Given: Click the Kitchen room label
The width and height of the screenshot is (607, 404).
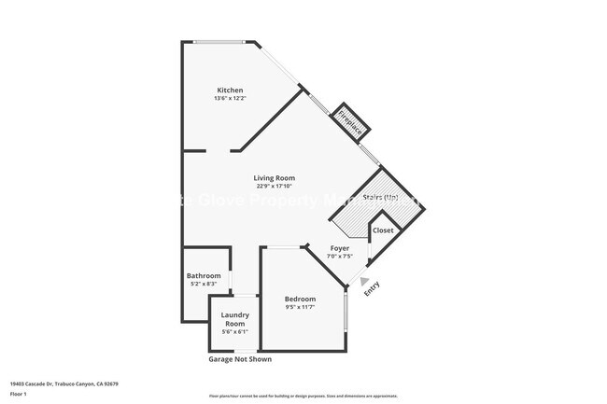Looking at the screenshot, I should [230, 91].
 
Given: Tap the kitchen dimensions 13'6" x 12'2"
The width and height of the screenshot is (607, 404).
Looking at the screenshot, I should [230, 98].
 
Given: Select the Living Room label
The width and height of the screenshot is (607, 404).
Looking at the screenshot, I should [275, 177].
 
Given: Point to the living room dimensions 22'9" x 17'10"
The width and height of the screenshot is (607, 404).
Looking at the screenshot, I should [275, 186].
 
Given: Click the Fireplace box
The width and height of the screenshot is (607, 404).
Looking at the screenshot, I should [351, 122].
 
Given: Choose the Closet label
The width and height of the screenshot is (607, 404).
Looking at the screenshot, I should [383, 230].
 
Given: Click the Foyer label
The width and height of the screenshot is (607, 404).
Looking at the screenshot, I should [339, 248].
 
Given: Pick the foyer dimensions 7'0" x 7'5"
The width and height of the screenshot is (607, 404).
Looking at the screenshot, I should [339, 257].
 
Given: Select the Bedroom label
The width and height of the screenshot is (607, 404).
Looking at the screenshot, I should [300, 299].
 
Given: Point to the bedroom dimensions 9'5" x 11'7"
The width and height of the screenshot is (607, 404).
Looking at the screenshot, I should [300, 307].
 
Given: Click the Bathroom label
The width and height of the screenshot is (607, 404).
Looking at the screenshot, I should [204, 275].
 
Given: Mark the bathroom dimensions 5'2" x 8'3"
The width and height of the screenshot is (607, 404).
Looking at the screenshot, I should [204, 284].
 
